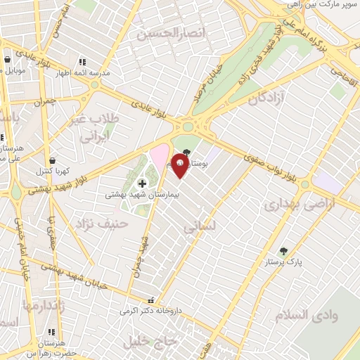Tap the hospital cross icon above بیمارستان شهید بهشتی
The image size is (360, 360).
(143, 184)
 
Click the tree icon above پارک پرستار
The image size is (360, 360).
(283, 251)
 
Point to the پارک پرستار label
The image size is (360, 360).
(284, 262)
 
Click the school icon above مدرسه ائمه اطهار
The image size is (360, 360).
(83, 62)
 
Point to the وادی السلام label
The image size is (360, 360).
(307, 315)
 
